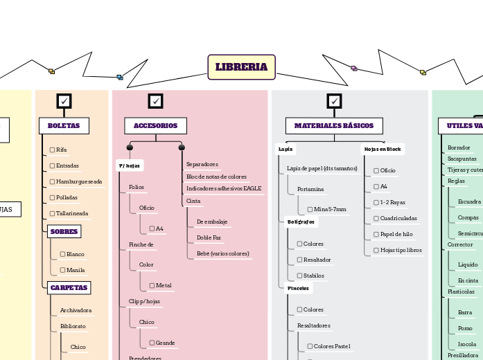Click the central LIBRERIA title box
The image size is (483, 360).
click(x=241, y=67)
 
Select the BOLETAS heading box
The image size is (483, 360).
click(x=64, y=125)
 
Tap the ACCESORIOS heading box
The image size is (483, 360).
click(x=155, y=125)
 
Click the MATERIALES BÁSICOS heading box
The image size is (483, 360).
click(x=334, y=125)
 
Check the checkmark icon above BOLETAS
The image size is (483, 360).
click(x=64, y=101)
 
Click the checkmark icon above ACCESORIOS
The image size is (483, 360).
click(x=156, y=101)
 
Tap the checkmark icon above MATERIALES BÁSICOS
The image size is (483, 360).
click(x=335, y=101)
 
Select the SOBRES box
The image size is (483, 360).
click(x=64, y=232)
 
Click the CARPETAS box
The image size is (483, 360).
click(x=69, y=287)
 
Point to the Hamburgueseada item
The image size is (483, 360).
click(x=78, y=181)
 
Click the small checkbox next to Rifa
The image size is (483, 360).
click(x=52, y=150)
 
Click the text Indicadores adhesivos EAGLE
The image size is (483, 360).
click(x=224, y=188)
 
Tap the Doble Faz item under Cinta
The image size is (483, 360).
click(x=209, y=237)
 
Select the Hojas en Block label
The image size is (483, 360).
click(x=383, y=149)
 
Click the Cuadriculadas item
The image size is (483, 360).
click(x=398, y=218)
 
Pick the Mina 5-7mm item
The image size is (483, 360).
click(x=330, y=209)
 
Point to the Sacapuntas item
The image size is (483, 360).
click(x=462, y=159)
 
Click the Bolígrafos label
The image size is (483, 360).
click(x=301, y=222)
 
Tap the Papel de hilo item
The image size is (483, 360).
click(x=396, y=234)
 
